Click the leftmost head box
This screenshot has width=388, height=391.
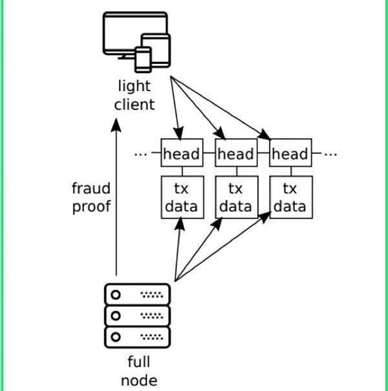tap(182, 153)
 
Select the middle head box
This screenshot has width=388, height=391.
tap(236, 153)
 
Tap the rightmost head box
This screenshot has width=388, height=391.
tap(290, 153)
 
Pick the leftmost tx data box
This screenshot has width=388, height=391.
tap(182, 197)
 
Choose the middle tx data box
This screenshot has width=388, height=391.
tap(237, 197)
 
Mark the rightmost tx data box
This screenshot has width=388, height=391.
tap(291, 197)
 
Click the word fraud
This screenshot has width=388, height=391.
tap(91, 188)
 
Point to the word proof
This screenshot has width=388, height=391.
tap(91, 207)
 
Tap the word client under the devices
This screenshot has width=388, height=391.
tap(135, 104)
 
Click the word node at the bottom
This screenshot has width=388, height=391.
tap(139, 381)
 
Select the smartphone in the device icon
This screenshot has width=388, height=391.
tap(143, 59)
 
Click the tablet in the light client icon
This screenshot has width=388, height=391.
tap(156, 50)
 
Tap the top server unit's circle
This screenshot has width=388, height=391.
tap(116, 295)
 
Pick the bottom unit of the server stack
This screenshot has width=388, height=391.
tap(138, 337)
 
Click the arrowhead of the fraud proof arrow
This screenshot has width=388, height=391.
tap(116, 125)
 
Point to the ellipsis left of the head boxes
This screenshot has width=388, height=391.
tap(140, 154)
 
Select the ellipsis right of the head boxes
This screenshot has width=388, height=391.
tap(330, 154)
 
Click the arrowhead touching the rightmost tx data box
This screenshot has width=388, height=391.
tap(265, 217)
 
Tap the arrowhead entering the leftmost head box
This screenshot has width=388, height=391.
tap(178, 132)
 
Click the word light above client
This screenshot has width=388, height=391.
tap(135, 86)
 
